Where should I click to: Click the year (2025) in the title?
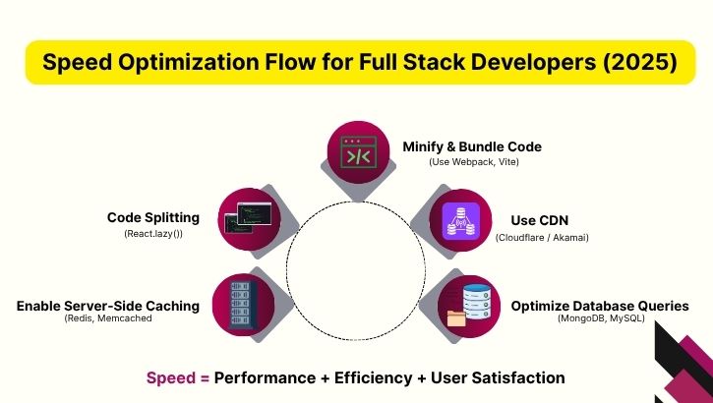640,63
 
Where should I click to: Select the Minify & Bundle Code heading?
472,146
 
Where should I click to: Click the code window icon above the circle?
357,154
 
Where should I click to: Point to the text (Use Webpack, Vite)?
472,162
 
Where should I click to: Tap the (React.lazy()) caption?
153,234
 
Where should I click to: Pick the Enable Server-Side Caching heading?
108,306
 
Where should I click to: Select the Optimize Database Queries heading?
599,306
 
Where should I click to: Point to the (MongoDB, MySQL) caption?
600,320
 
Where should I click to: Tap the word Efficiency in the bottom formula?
377,377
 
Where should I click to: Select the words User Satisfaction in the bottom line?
509,377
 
